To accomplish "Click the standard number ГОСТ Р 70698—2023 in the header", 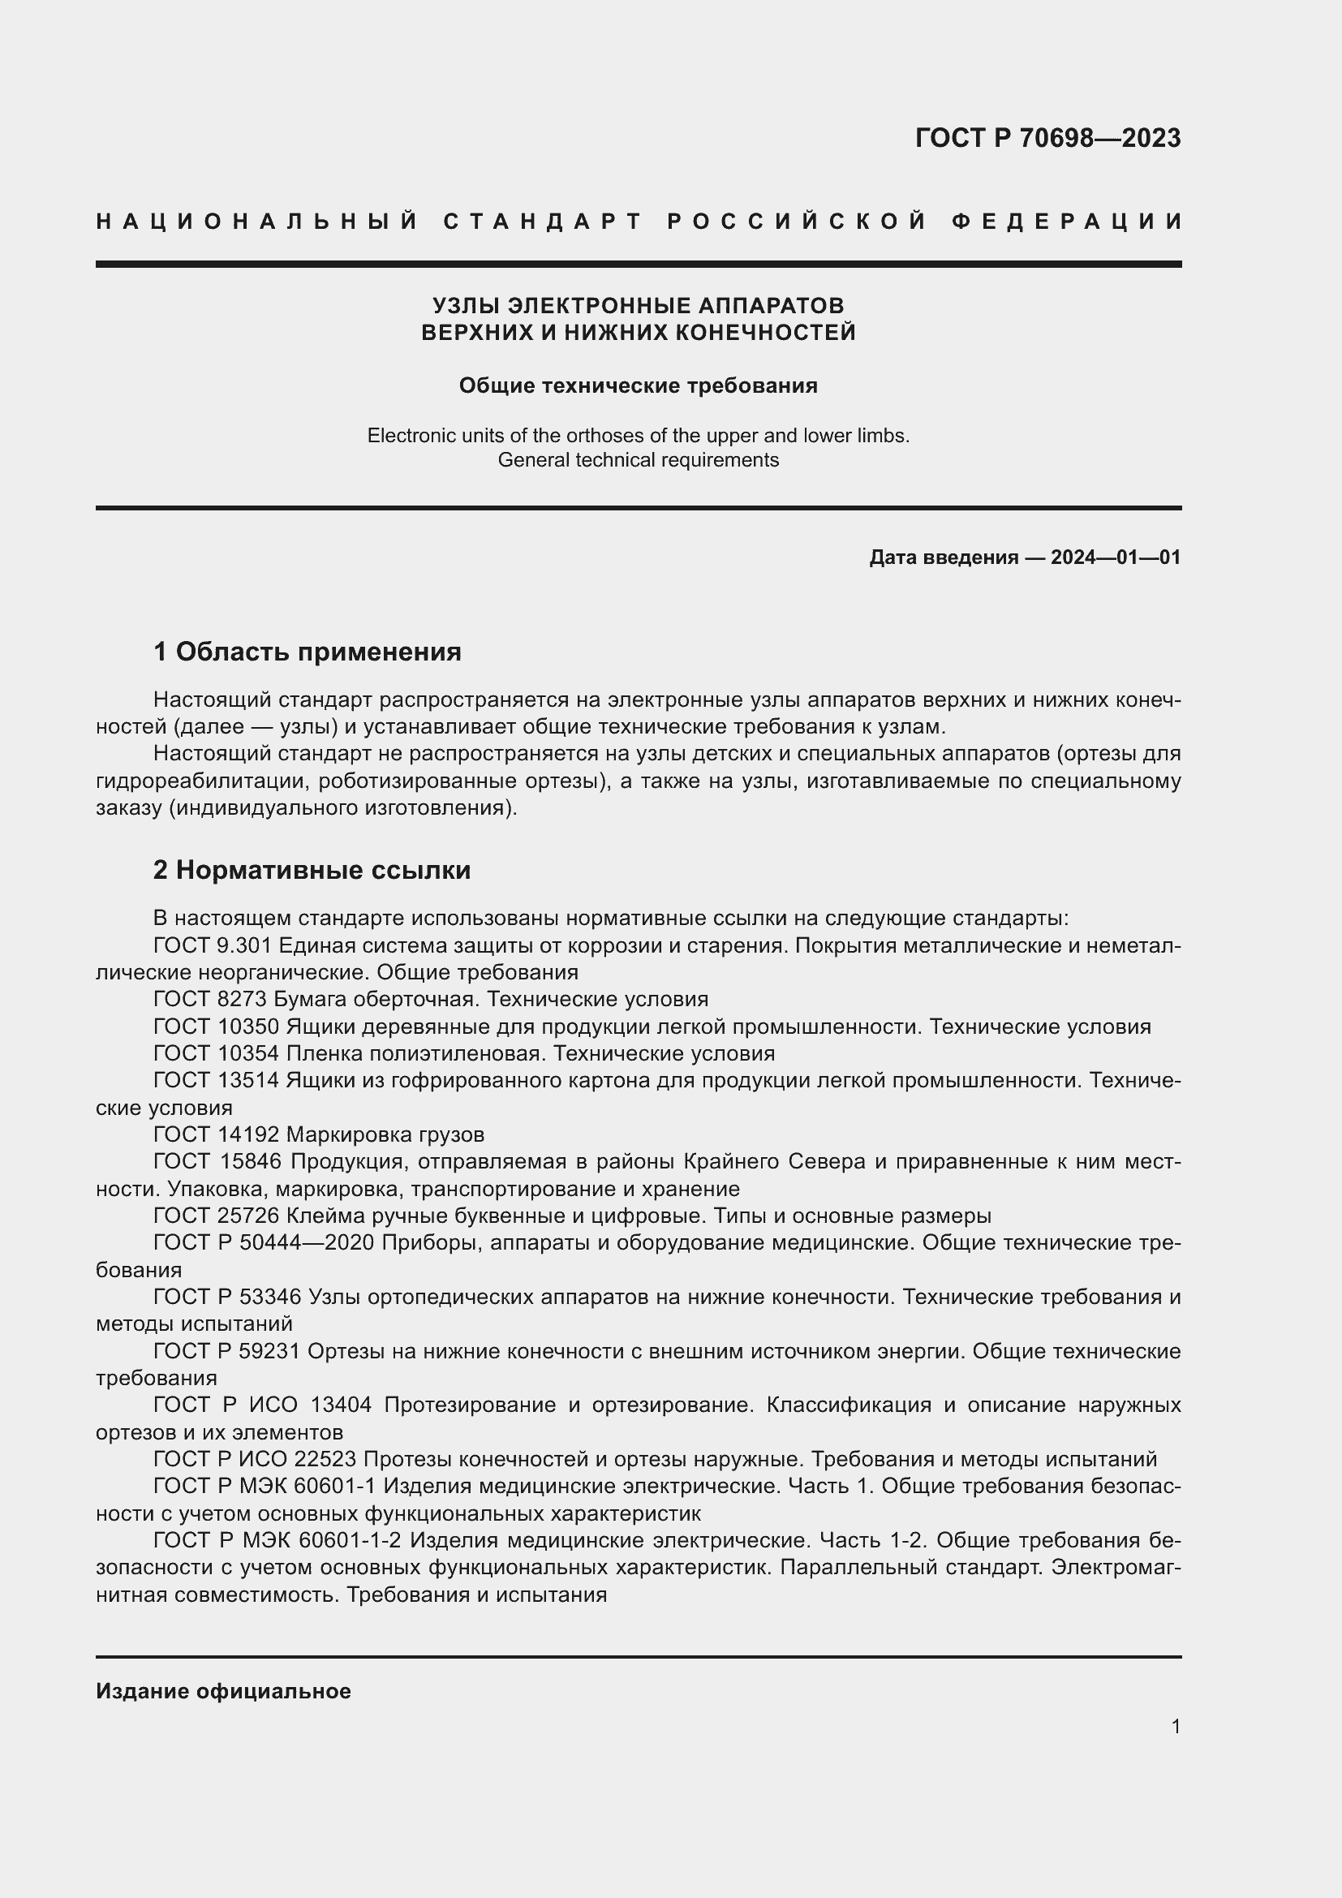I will click(x=1047, y=138).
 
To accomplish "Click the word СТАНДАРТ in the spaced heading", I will click(x=543, y=222).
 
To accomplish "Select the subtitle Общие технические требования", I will click(x=638, y=385).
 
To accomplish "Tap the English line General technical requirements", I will click(x=638, y=459).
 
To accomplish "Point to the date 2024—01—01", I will click(x=1115, y=557).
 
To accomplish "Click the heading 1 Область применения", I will click(x=308, y=652).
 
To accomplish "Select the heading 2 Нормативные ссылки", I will click(x=312, y=870).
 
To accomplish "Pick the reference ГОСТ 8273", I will click(x=209, y=1000).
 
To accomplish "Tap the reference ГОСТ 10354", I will click(x=217, y=1053).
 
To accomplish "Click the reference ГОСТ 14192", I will click(x=217, y=1134).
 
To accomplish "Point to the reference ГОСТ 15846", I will click(x=217, y=1161).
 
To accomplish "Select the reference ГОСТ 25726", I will click(x=217, y=1216).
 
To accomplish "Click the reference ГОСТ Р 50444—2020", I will click(x=264, y=1243).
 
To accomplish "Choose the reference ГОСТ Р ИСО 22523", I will click(x=254, y=1459).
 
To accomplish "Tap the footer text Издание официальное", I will click(x=223, y=1691).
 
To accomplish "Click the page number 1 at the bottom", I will click(x=1175, y=1726).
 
